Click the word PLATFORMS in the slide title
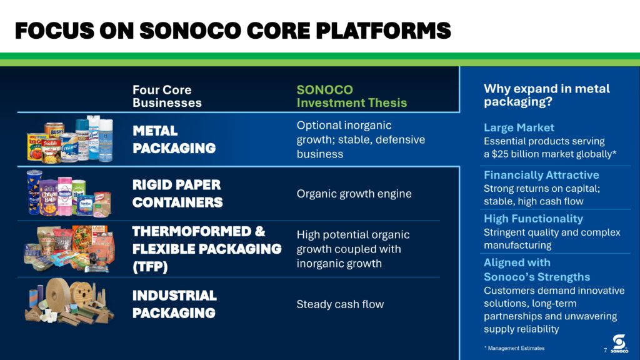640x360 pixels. (383, 31)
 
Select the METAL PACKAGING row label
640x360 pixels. (174, 139)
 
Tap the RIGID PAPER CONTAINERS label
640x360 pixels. (177, 194)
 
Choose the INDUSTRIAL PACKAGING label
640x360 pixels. (174, 304)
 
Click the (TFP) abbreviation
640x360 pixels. (150, 267)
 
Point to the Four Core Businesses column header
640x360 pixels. (167, 96)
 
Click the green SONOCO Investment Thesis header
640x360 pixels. (352, 96)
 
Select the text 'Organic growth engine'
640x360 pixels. (354, 194)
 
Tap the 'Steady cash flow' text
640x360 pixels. (340, 304)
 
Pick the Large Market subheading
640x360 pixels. (519, 127)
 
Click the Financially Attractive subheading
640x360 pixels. (541, 175)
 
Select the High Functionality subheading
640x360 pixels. (533, 219)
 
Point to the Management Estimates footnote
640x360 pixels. (514, 348)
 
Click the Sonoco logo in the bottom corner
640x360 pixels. (619, 344)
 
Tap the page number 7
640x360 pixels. (605, 350)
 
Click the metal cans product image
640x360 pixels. (70, 139)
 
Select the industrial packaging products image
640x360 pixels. (70, 302)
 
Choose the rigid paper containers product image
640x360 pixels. (69, 194)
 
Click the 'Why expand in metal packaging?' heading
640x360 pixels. (546, 95)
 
